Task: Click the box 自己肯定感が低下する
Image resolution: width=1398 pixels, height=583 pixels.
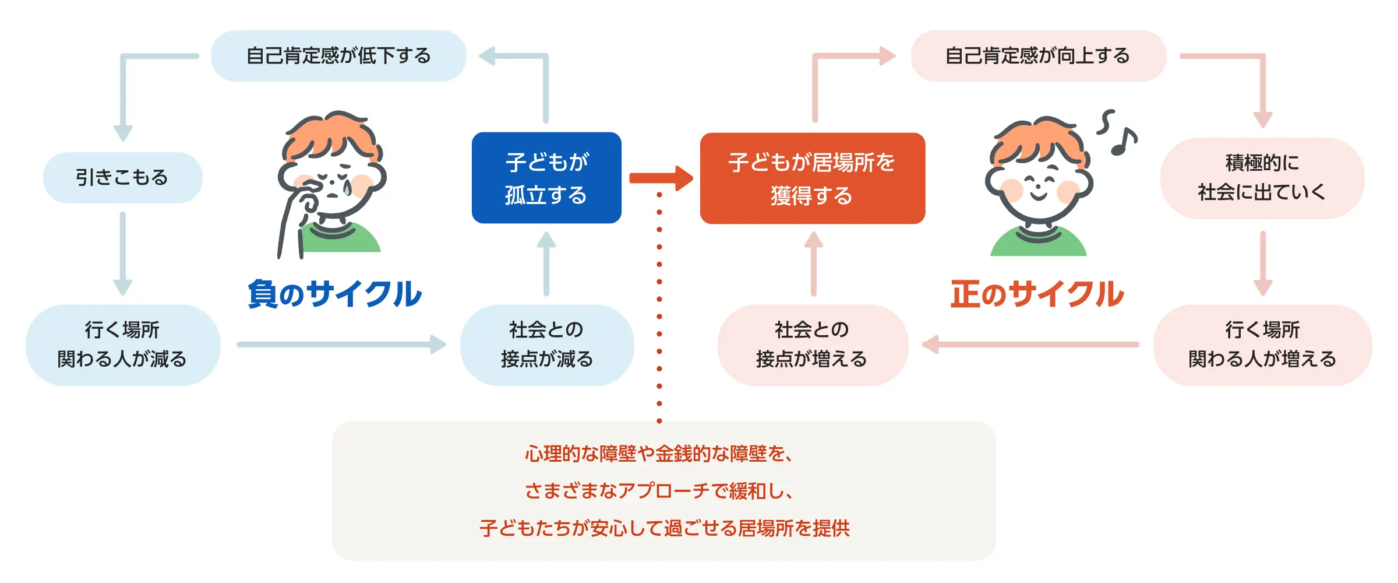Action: pos(338,56)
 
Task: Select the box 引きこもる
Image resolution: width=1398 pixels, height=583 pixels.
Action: pos(123,178)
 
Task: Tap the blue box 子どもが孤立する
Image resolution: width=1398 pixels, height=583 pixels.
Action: pos(546,178)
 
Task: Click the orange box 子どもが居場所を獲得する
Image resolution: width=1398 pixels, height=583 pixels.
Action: pos(813,178)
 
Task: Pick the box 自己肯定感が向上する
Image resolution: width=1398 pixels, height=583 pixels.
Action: pos(1039,56)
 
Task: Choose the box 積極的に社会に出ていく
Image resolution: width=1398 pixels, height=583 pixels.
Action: pos(1262,178)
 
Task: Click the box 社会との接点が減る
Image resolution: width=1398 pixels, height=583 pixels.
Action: pos(547,345)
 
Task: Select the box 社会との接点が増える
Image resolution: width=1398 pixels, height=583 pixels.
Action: pos(813,345)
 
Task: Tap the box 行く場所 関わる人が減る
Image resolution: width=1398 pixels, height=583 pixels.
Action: pos(123,345)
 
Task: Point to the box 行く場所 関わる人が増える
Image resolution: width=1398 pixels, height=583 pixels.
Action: pos(1262,345)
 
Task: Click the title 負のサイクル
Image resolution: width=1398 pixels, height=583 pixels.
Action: pos(335,294)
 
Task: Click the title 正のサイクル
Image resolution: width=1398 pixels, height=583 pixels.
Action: pos(1037,294)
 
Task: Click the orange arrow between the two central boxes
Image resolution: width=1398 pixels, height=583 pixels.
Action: pos(661,178)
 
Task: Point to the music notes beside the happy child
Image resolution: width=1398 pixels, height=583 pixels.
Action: pos(1117,133)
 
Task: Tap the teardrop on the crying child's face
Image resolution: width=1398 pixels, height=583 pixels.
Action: pos(347,187)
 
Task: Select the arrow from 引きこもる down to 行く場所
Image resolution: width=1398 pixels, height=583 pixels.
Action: pos(122,254)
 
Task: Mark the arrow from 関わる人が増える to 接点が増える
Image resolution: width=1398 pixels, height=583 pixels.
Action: pos(1030,345)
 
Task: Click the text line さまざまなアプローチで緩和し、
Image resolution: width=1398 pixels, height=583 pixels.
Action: pos(659,491)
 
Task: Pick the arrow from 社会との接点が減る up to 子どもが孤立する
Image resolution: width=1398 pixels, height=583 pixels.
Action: pos(546,264)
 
